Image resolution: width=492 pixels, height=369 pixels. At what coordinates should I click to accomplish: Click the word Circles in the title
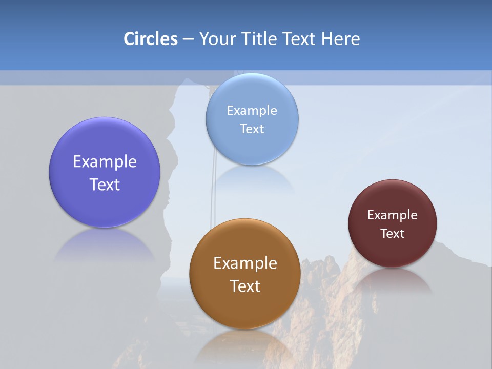click(151, 39)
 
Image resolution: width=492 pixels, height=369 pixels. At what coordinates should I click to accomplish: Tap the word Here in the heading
click(341, 39)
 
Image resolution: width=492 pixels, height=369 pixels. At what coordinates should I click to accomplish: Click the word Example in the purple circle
click(105, 162)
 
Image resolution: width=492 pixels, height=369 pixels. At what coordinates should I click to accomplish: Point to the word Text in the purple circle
click(105, 184)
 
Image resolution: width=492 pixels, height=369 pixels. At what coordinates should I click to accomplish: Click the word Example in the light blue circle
click(252, 111)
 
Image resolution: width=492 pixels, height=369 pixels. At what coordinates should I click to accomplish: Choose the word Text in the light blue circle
click(252, 129)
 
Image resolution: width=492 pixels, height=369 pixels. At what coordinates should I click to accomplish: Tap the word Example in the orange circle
click(245, 263)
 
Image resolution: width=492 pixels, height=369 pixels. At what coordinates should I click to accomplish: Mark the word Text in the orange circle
click(245, 286)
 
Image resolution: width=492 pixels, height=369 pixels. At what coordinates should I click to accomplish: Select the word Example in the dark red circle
click(392, 215)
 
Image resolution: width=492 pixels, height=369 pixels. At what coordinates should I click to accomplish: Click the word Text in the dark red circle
click(392, 234)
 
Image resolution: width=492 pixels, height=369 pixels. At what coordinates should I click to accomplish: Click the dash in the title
click(188, 39)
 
